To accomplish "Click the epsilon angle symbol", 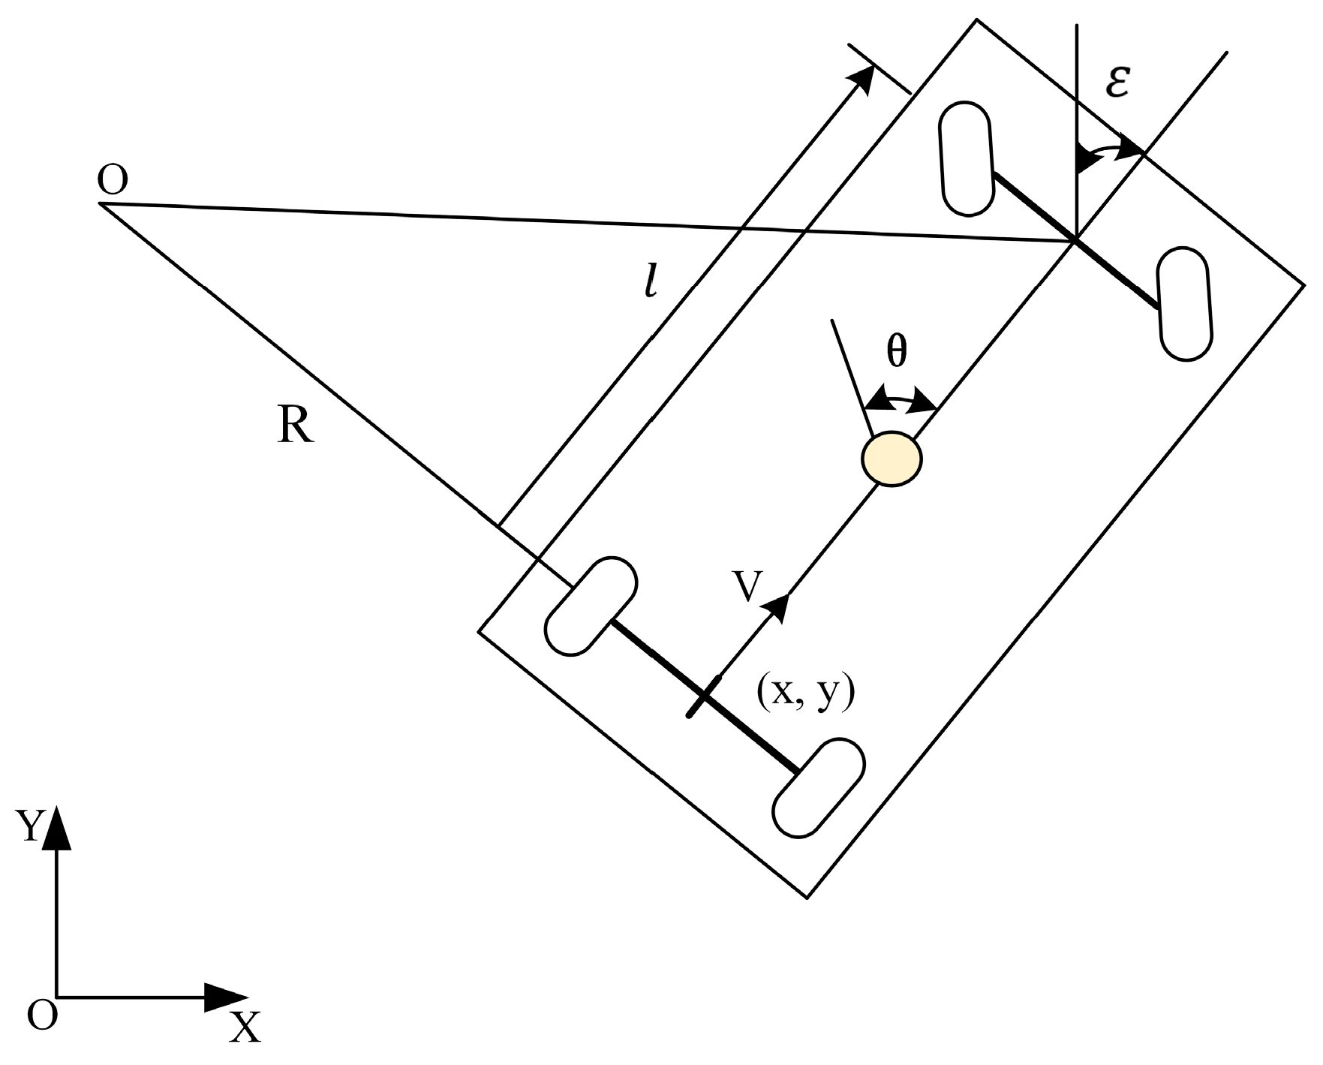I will pyautogui.click(x=1117, y=85).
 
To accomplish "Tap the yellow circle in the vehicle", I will pyautogui.click(x=891, y=459).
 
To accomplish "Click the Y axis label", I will pyautogui.click(x=31, y=826).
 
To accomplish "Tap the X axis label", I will pyautogui.click(x=244, y=1028).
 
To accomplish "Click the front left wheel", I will pyautogui.click(x=967, y=160).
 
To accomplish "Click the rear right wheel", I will pyautogui.click(x=819, y=787).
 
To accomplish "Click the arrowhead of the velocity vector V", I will pyautogui.click(x=777, y=606).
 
